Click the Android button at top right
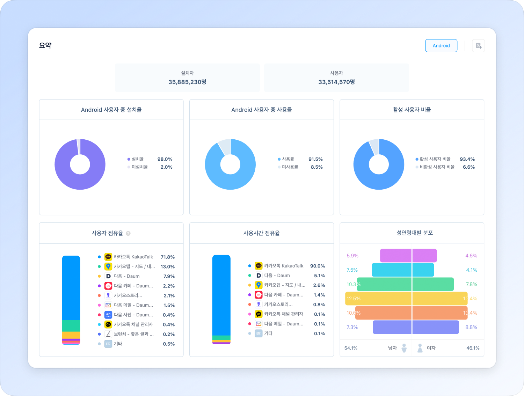pyautogui.click(x=441, y=46)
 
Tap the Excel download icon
pyautogui.click(x=478, y=46)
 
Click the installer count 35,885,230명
pyautogui.click(x=187, y=82)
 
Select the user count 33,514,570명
pyautogui.click(x=336, y=82)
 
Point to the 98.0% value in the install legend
pyautogui.click(x=165, y=159)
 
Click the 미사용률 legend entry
pyautogui.click(x=290, y=167)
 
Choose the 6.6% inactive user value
pyautogui.click(x=469, y=167)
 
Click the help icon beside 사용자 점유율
pyautogui.click(x=128, y=234)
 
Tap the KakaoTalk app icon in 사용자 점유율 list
pyautogui.click(x=108, y=257)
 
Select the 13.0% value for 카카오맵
pyautogui.click(x=168, y=267)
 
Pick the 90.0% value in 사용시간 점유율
pyautogui.click(x=318, y=266)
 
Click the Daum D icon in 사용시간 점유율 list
pyautogui.click(x=259, y=276)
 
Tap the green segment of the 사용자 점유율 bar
pyautogui.click(x=71, y=325)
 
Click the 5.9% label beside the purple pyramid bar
pyautogui.click(x=352, y=256)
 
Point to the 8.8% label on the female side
pyautogui.click(x=471, y=328)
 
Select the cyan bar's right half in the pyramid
pyautogui.click(x=423, y=270)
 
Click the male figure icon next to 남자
pyautogui.click(x=404, y=348)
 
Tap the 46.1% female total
pyautogui.click(x=473, y=348)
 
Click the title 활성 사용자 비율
pyautogui.click(x=412, y=110)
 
